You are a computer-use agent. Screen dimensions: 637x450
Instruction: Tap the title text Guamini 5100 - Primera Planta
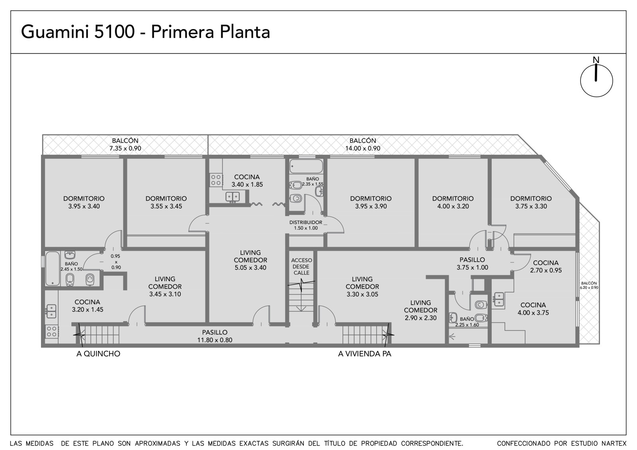tap(145, 32)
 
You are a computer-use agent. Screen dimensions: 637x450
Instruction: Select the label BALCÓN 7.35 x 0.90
tap(125, 144)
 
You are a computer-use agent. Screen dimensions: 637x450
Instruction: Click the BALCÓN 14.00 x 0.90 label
tap(363, 144)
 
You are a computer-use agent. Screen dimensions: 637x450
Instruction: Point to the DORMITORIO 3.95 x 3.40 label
tap(84, 203)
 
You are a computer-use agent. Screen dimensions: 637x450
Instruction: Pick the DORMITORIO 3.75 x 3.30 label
tap(531, 203)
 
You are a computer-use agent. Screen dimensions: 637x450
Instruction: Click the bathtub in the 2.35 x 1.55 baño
tap(306, 166)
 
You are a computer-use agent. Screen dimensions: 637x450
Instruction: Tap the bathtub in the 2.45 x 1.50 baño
tap(53, 268)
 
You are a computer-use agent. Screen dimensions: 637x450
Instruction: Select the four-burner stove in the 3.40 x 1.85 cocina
tap(216, 180)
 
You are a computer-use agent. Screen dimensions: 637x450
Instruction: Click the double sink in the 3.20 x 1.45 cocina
tap(51, 311)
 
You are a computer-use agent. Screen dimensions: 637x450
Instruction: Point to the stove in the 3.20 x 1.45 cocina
tap(51, 331)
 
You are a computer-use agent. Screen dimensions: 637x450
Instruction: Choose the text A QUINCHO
tap(98, 354)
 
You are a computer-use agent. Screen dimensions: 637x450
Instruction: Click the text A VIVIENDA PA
tap(365, 354)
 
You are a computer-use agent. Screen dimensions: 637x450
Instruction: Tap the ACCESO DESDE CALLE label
tap(301, 266)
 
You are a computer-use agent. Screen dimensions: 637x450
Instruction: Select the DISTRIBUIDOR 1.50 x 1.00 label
tap(306, 225)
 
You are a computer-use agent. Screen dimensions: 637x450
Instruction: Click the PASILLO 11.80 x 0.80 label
tap(215, 336)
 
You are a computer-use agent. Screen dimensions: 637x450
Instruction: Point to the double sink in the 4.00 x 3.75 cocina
tap(499, 299)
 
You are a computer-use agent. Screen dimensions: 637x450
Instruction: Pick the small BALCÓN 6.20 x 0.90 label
tap(589, 285)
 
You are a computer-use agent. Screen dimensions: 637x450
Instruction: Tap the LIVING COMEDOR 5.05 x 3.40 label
tap(250, 260)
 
